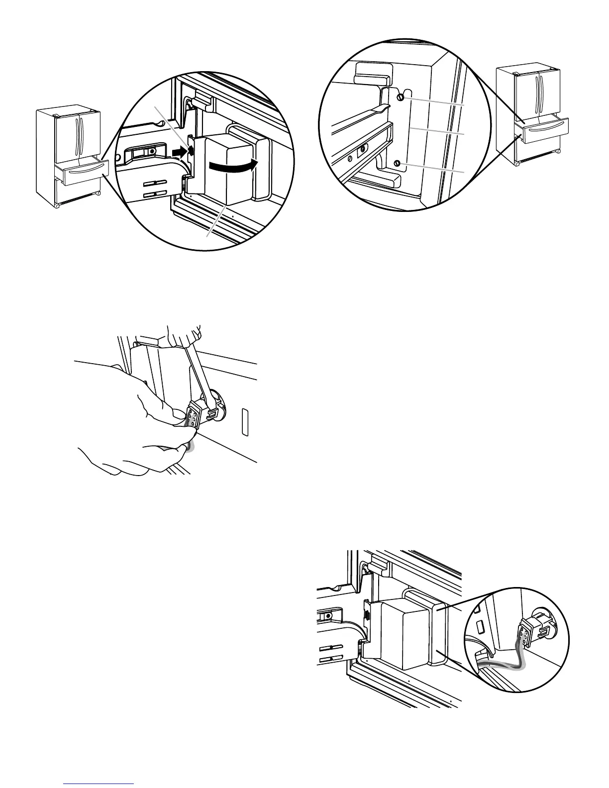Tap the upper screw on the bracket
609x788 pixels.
pos(400,98)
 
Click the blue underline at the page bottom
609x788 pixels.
pos(99,785)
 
